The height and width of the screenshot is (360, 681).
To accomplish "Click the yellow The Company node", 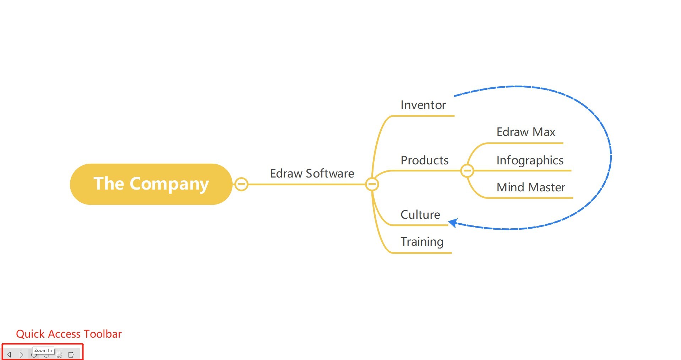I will (x=151, y=184).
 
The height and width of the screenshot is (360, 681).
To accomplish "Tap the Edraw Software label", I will (x=312, y=174).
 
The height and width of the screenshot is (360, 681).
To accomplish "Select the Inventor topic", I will (x=423, y=105).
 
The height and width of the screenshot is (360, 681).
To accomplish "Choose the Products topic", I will (x=424, y=160).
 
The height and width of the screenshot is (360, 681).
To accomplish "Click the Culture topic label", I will (x=420, y=215).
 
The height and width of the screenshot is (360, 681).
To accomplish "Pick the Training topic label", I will (x=422, y=242).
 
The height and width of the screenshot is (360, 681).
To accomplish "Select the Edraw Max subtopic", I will (x=525, y=132).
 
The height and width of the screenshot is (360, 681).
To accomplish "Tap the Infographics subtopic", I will (x=530, y=160).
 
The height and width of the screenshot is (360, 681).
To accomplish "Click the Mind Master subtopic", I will (x=530, y=187).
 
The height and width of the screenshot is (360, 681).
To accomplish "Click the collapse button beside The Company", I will (x=241, y=184).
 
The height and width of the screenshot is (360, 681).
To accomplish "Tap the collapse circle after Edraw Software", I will (x=372, y=184).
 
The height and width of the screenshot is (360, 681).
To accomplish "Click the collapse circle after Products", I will (x=467, y=171).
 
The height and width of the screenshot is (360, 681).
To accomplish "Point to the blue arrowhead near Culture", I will (x=453, y=223).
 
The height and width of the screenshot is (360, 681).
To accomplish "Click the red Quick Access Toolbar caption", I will (x=69, y=334).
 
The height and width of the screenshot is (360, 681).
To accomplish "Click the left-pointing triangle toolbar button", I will (x=9, y=355).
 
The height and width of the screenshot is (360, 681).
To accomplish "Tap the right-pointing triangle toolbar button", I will (x=21, y=355).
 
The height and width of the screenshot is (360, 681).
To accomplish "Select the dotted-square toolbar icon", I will (x=59, y=355).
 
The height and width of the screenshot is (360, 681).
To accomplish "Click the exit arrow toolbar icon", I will (x=71, y=355).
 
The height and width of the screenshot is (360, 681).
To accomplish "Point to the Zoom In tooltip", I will (x=43, y=350).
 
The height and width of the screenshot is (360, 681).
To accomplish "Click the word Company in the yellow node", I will (x=169, y=184).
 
